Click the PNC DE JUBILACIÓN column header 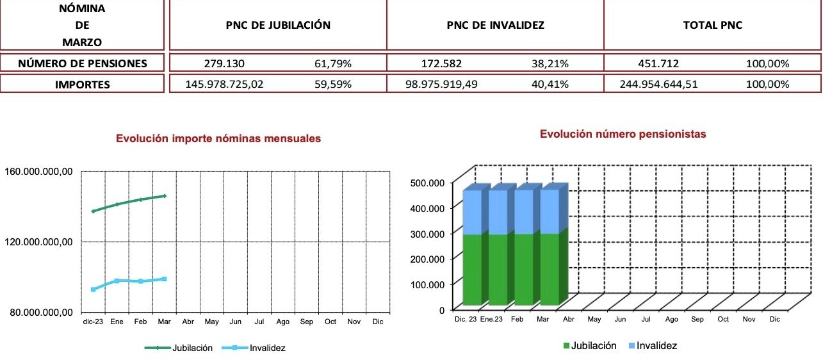point(278,26)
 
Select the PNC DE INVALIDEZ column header point(495,26)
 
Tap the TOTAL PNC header point(712,26)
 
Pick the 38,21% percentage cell point(550,63)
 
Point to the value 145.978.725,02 point(224,84)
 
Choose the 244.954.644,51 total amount point(659,84)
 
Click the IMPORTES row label point(82,84)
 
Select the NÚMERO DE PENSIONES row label point(82,63)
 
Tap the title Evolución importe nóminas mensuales point(218,138)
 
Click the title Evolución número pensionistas point(623,134)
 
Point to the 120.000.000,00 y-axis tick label point(39,241)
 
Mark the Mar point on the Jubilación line point(165,196)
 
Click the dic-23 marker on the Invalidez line point(94,290)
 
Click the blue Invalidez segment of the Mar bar point(549,211)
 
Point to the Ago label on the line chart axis point(283,322)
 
